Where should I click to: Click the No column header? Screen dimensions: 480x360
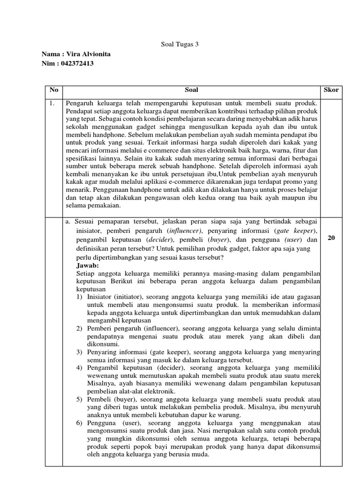(x=53, y=90)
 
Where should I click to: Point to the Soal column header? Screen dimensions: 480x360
(x=191, y=90)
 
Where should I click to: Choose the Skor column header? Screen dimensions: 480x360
(x=331, y=90)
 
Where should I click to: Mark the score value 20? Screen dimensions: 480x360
(x=331, y=238)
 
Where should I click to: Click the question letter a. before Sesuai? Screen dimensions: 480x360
(x=68, y=222)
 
